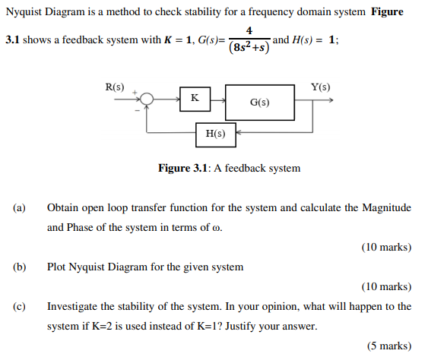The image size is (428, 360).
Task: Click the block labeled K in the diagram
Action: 195,99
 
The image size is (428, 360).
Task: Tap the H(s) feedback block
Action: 215,134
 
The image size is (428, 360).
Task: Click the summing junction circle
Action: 147,99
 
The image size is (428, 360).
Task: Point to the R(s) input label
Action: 115,86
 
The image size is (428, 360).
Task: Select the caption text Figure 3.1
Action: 184,168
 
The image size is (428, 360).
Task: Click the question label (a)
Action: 19,207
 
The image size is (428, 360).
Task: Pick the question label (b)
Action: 19,267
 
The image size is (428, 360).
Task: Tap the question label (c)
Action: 19,306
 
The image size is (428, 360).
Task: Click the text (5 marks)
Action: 388,346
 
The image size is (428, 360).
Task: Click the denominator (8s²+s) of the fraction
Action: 249,46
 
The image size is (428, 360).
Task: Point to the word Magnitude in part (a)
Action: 386,207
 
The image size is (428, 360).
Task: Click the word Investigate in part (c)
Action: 73,306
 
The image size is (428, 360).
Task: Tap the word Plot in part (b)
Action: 57,267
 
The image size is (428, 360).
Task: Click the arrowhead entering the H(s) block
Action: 237,134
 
